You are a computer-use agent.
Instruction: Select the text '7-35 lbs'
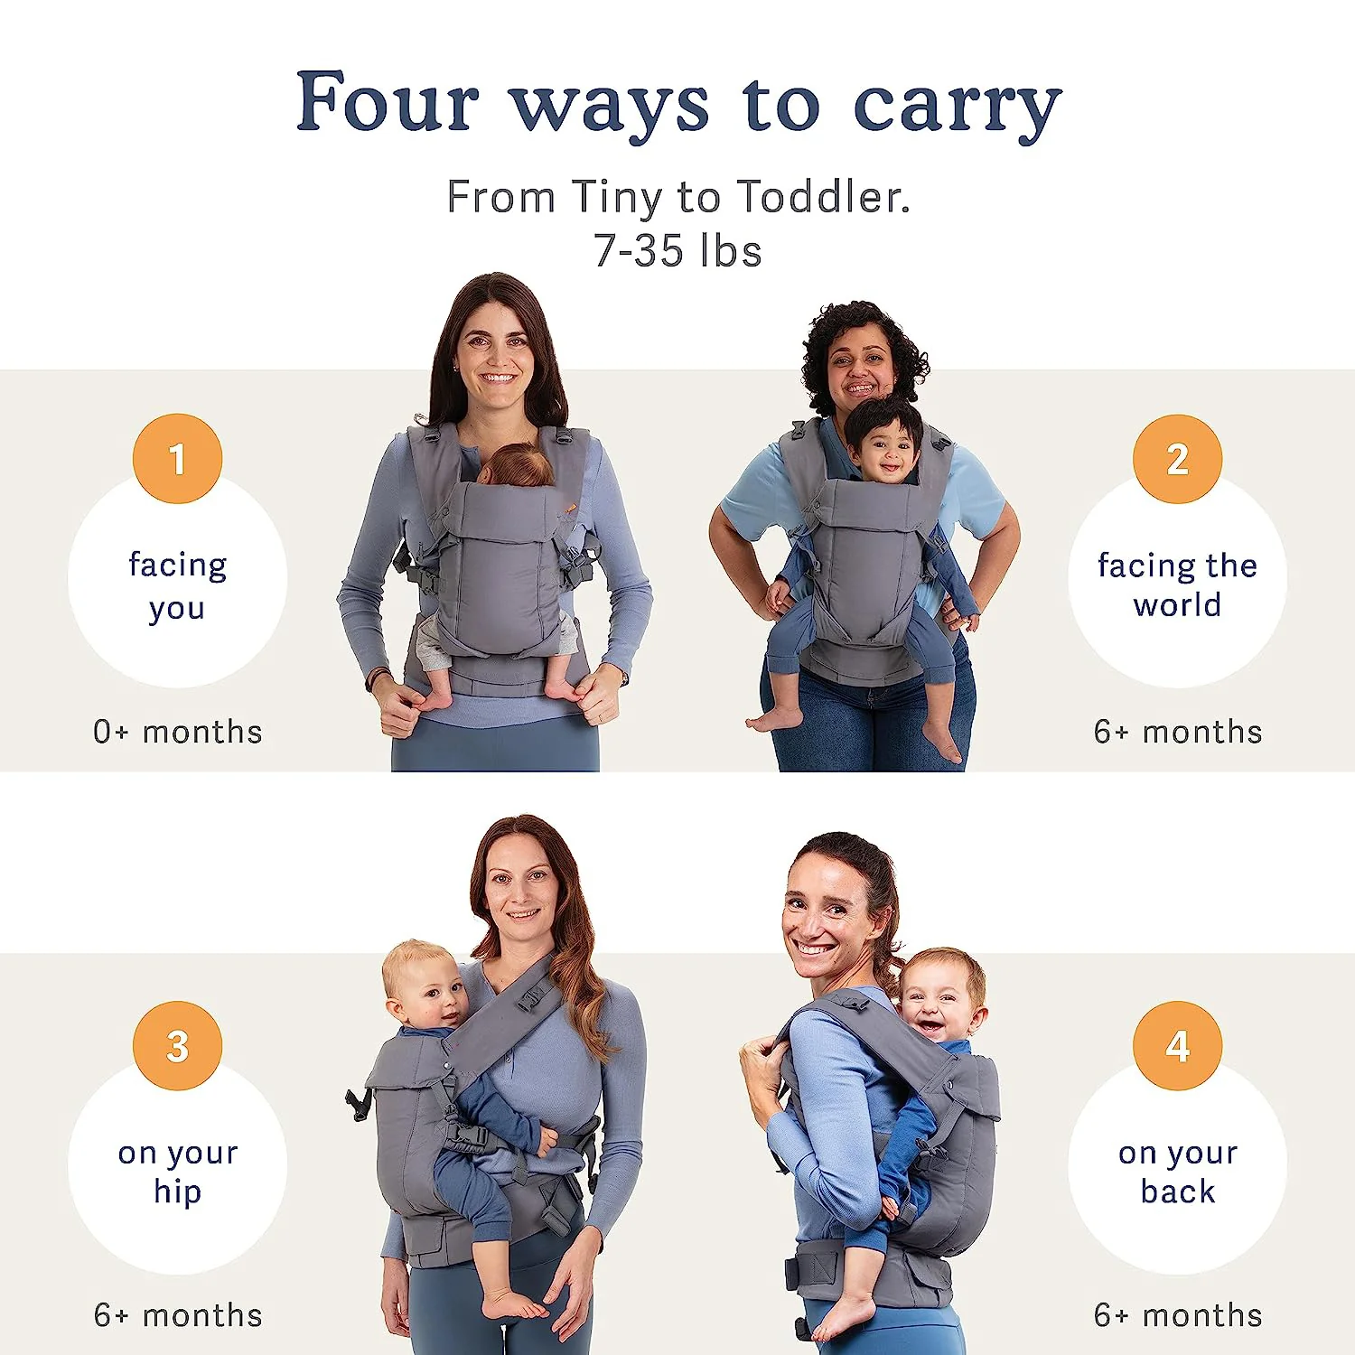(677, 251)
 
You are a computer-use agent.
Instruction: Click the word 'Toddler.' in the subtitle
(823, 197)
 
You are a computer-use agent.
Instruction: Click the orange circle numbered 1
(177, 459)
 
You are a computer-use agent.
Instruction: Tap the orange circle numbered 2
(1177, 459)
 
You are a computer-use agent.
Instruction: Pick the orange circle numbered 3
(177, 1046)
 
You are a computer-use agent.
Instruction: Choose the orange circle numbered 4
(1177, 1046)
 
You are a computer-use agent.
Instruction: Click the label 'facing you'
(177, 585)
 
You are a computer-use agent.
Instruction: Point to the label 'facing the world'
(1177, 584)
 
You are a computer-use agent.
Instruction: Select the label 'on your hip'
(177, 1172)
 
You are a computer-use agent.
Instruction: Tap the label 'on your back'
(1177, 1172)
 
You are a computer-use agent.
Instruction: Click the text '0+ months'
(177, 732)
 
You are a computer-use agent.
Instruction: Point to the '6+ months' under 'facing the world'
(1177, 732)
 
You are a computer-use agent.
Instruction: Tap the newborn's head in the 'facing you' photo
(517, 465)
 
